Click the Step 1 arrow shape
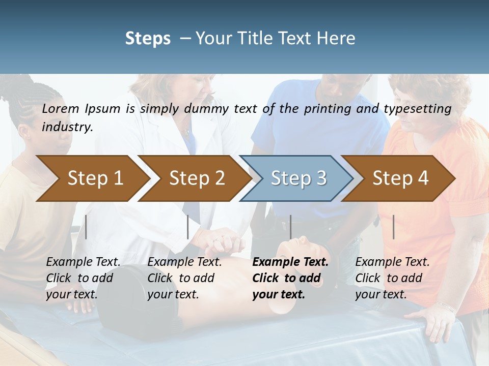tap(92, 178)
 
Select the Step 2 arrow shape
tap(194, 178)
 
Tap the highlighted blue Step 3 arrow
tap(296, 178)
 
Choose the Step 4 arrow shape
tap(399, 178)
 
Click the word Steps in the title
tap(148, 38)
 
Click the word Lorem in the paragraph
tap(61, 108)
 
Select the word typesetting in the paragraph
tap(417, 108)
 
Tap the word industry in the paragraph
tap(67, 127)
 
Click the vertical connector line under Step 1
tap(86, 227)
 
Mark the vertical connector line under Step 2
tap(188, 227)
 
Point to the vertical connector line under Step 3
tap(290, 227)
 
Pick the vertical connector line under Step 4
tap(393, 227)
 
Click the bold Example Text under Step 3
tap(290, 262)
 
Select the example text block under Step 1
tap(83, 278)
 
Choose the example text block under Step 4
tap(392, 278)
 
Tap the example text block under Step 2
tap(184, 278)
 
